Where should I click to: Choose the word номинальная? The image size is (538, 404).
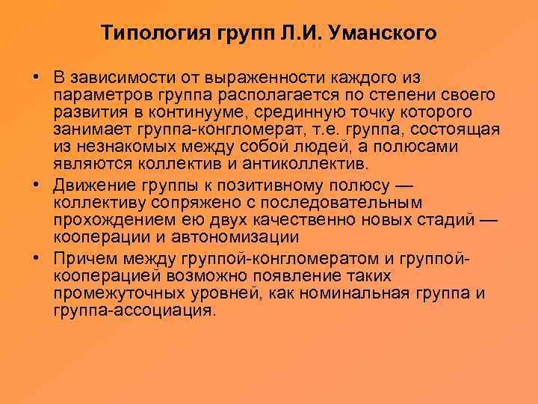pyautogui.click(x=365, y=293)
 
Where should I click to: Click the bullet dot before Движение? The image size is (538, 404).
pyautogui.click(x=36, y=186)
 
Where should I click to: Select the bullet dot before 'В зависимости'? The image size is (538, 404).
pyautogui.click(x=36, y=79)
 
